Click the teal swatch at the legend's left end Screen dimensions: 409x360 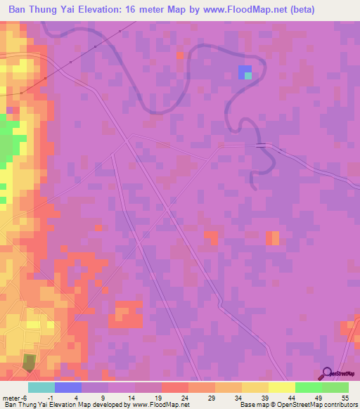[x=41, y=387]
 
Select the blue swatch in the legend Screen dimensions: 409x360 [x=67, y=387]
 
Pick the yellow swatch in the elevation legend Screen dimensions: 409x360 [x=281, y=387]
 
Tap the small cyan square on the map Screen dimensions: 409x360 [x=247, y=76]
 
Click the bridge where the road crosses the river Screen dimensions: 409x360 [x=262, y=145]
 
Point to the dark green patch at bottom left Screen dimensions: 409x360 [x=29, y=362]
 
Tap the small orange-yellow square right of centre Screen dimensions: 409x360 [x=272, y=238]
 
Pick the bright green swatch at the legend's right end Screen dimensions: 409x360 [x=335, y=387]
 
